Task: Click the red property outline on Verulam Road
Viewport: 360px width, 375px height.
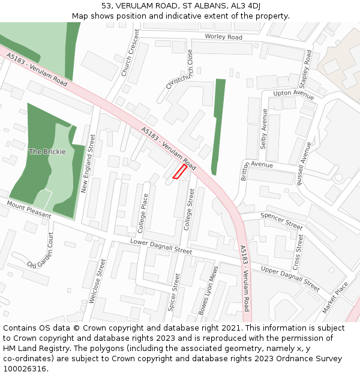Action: coord(179,172)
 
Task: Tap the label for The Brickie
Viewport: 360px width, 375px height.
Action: coord(47,152)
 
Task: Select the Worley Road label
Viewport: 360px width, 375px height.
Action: coord(223,37)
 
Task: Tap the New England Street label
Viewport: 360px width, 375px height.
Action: coord(88,163)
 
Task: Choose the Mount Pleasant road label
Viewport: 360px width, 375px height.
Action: coord(29,209)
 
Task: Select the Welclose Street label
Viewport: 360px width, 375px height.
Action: coord(97,281)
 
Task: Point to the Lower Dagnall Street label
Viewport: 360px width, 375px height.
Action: coord(161,247)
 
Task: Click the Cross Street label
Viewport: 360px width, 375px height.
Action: coord(298,252)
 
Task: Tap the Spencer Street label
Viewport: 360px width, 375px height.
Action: coord(281,221)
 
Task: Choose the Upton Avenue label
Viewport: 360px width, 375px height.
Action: coord(293,95)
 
